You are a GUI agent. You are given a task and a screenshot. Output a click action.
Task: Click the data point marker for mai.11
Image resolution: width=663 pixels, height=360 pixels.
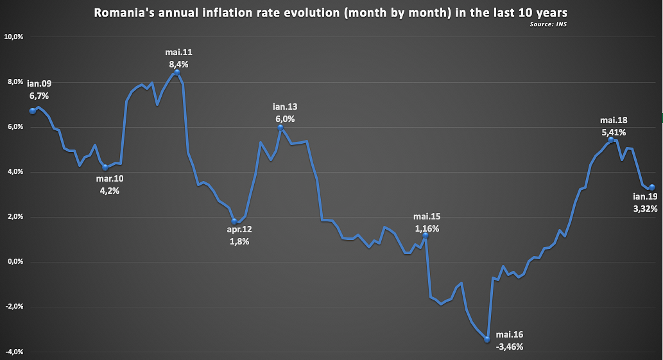click(177, 73)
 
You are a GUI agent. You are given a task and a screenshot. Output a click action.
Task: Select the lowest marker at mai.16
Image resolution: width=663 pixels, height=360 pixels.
click(487, 339)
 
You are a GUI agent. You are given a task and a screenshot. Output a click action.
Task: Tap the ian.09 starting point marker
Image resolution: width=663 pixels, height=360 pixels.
click(33, 111)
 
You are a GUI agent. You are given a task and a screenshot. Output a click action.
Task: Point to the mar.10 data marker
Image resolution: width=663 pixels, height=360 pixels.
click(105, 167)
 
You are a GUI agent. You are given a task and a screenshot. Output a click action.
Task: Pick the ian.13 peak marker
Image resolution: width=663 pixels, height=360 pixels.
click(280, 128)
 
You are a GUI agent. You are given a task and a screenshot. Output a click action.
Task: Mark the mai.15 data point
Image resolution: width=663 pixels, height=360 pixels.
click(425, 236)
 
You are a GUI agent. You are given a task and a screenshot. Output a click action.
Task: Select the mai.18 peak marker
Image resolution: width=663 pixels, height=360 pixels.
click(610, 140)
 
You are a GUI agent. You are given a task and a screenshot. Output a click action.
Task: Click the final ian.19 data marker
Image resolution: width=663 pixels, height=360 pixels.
click(651, 187)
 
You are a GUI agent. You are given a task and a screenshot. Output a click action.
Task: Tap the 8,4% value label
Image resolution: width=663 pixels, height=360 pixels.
click(179, 64)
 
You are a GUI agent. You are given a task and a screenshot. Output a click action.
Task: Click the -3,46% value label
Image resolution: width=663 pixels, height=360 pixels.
click(510, 347)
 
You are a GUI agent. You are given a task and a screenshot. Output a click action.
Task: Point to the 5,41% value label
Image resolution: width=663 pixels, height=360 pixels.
click(614, 132)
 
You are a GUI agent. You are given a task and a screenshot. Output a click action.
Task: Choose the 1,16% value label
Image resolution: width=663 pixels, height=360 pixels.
click(427, 228)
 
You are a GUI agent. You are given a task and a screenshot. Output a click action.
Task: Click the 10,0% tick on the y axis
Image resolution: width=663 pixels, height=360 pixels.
click(13, 37)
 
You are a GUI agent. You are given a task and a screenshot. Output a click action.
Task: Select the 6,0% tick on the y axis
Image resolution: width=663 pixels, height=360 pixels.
click(15, 127)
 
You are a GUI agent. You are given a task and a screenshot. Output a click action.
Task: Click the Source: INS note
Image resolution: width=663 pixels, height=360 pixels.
click(544, 24)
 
